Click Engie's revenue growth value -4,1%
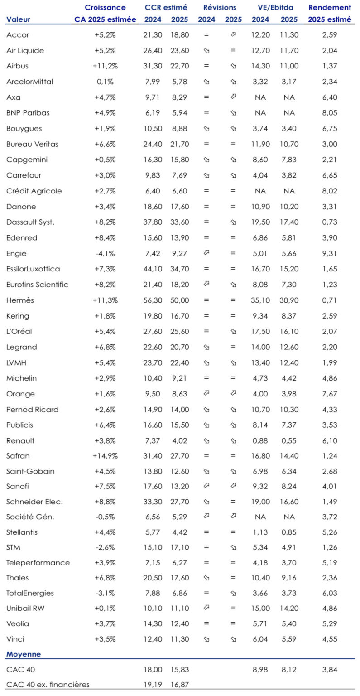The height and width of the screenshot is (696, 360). [x=106, y=253]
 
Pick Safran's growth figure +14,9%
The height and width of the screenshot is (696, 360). [x=106, y=455]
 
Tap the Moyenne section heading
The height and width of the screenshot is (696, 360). [x=23, y=654]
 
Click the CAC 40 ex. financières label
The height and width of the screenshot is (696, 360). [x=48, y=684]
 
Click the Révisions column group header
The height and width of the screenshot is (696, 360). [x=220, y=8]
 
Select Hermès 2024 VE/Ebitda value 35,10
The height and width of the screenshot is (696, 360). [x=262, y=300]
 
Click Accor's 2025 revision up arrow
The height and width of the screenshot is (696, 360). [x=233, y=35]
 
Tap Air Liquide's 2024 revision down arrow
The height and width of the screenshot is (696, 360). [x=206, y=51]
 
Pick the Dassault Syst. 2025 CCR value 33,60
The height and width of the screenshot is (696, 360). [x=180, y=222]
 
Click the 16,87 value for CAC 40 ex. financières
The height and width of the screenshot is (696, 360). [x=180, y=684]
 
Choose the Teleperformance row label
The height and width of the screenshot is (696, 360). [x=38, y=562]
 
